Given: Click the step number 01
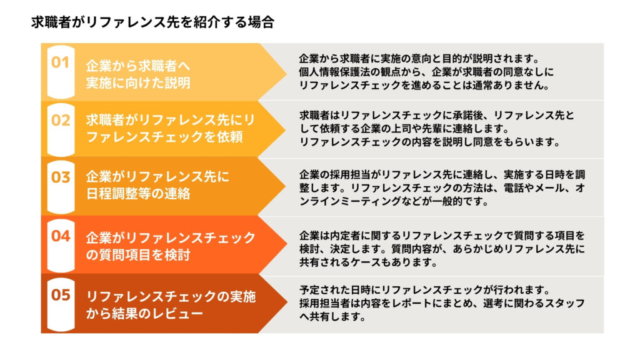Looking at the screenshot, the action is point(60,62).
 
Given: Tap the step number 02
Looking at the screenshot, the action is point(61,121).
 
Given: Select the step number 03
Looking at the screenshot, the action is point(61,177).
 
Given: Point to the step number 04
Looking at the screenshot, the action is point(61,236).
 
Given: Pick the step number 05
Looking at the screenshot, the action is point(61,295).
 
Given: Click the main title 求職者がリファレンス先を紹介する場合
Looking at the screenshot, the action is point(152,22).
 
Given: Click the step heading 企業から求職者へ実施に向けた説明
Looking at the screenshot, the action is point(138,74).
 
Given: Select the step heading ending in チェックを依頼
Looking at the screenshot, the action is point(171,128).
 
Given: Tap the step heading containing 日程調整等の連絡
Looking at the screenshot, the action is point(157,185).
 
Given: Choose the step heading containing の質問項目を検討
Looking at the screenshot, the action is point(171,246).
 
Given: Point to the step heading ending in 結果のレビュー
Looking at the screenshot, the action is point(171,304).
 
